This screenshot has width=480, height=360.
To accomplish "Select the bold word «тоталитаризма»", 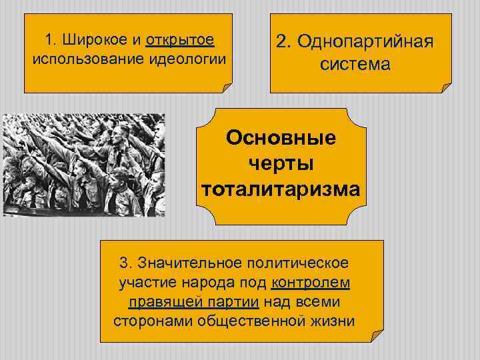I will point(281,190).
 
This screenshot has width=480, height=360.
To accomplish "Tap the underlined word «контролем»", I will point(311,283).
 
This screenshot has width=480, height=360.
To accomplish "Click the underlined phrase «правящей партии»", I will point(193,302).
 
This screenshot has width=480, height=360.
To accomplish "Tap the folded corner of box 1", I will point(227,87).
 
